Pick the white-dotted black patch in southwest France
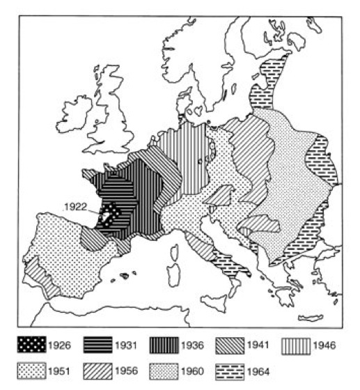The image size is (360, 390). click(x=108, y=213)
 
